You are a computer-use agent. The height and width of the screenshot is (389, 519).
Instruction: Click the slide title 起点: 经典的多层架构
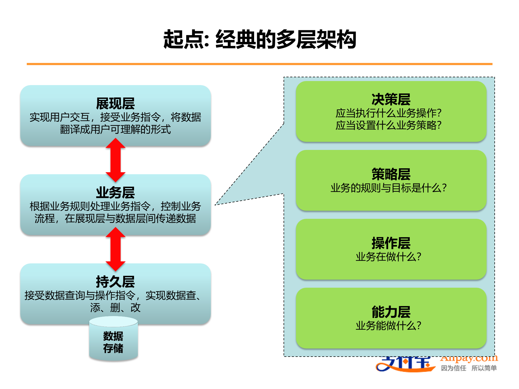point(259,39)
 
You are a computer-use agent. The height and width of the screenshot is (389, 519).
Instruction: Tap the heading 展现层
point(115,103)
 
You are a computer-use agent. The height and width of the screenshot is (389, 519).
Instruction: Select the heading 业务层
point(115,193)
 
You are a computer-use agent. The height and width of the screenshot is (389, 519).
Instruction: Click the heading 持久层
point(115,282)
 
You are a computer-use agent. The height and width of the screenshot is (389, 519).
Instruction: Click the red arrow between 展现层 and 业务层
point(115,160)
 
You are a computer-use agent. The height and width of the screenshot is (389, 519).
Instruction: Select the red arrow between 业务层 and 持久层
point(115,249)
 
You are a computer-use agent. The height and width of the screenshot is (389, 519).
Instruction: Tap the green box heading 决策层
point(391,99)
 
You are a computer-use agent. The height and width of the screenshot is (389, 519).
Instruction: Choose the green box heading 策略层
point(391,174)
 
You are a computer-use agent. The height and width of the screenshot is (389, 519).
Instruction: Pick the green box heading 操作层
point(391,243)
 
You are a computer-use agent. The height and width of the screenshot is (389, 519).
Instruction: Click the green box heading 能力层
point(391,312)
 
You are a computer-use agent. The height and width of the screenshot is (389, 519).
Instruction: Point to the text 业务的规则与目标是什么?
point(388,188)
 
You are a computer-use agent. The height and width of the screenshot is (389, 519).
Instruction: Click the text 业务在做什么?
point(388,257)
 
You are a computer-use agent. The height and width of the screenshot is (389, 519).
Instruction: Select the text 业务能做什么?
point(388,326)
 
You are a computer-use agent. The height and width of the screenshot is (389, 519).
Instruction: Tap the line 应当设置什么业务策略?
point(388,125)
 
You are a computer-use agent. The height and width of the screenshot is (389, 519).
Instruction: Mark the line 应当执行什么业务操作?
point(388,113)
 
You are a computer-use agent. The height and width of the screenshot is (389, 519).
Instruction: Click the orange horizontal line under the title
point(259,64)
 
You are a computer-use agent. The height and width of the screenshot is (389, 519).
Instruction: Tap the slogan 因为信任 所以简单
point(469,368)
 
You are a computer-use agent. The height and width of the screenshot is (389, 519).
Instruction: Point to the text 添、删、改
point(115,307)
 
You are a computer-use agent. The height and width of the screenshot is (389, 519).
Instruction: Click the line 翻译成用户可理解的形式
point(115,129)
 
